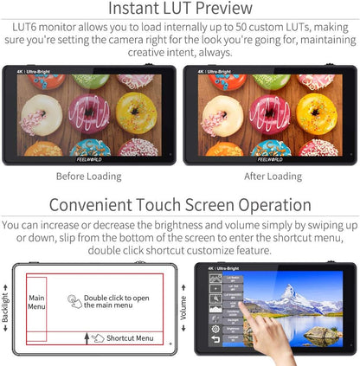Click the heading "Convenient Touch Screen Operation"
tap(180, 205)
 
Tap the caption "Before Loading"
tap(88, 177)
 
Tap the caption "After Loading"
tap(272, 177)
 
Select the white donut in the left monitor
tap(41, 114)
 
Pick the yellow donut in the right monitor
tap(315, 112)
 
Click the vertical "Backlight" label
tap(6, 307)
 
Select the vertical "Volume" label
tap(183, 308)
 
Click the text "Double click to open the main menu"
tap(116, 300)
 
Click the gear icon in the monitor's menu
tap(215, 329)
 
